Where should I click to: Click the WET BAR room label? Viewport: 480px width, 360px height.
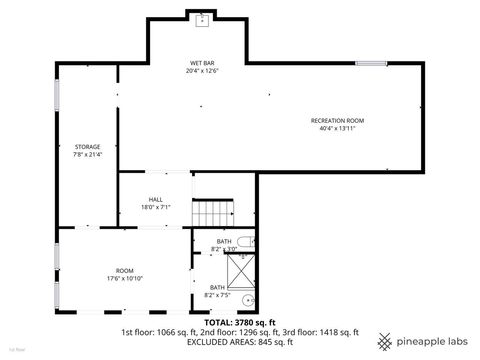tap(197, 62)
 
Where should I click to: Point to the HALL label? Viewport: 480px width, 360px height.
tap(155, 199)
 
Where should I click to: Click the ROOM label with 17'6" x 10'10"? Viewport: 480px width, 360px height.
tap(124, 271)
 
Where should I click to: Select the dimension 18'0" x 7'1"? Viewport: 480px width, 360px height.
tap(155, 208)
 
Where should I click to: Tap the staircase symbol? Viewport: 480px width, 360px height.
tap(211, 212)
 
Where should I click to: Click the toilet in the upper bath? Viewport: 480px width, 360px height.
tap(246, 242)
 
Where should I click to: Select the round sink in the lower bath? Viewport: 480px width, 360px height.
tap(248, 299)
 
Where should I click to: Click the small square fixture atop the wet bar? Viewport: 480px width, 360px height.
tap(202, 19)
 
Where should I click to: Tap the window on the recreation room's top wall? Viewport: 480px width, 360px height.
tap(370, 64)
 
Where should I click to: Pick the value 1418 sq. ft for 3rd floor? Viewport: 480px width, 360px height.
tap(337, 332)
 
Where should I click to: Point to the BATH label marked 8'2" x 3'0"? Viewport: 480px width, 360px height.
tap(224, 245)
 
